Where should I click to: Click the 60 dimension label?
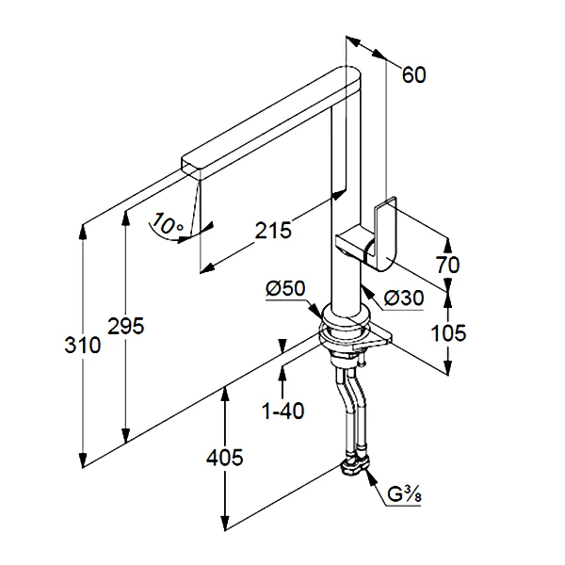[414, 75]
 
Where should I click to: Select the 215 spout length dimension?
[273, 229]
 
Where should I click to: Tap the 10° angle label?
[166, 225]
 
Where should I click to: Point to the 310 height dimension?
[82, 346]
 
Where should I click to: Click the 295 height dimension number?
[125, 327]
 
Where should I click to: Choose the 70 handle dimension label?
[448, 265]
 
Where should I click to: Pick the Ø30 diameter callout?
[403, 298]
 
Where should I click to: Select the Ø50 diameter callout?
[285, 289]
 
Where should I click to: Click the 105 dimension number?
[449, 332]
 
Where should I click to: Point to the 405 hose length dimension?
[224, 458]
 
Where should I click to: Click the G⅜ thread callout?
[407, 493]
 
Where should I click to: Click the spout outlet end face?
[193, 167]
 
